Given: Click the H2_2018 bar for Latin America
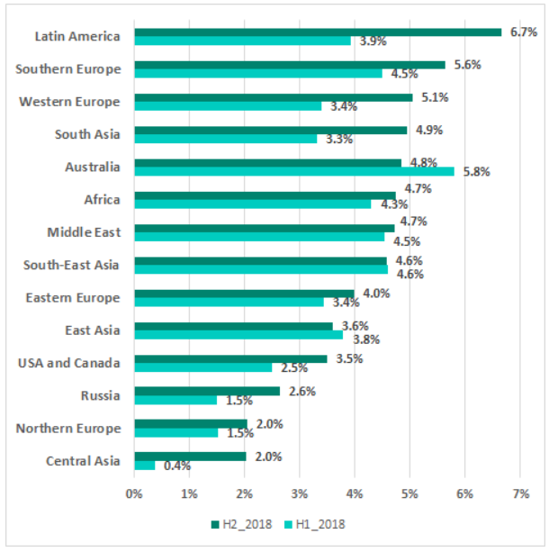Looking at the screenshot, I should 317,32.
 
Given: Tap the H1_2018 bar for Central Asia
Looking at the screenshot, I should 144,466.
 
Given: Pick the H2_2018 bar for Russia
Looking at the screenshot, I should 206,391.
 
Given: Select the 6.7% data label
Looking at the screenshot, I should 523,32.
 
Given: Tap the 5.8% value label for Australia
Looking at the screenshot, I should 475,172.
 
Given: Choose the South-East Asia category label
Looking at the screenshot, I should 71,265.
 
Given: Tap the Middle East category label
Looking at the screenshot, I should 83,232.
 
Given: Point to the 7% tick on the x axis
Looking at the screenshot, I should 520,493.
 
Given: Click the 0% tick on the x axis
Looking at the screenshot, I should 134,493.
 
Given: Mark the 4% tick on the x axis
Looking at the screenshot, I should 355,493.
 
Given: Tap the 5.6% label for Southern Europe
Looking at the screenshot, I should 467,65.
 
